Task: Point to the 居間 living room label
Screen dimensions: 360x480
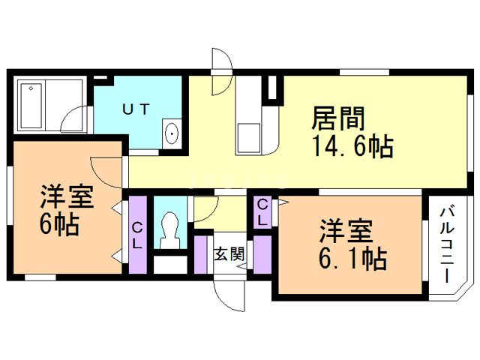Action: click(x=339, y=119)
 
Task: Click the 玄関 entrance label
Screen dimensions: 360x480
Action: click(x=229, y=253)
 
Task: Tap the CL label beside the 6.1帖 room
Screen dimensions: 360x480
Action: click(x=263, y=211)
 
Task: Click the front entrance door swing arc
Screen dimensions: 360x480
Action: click(x=228, y=296)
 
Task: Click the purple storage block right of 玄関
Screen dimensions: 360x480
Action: click(x=262, y=255)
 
